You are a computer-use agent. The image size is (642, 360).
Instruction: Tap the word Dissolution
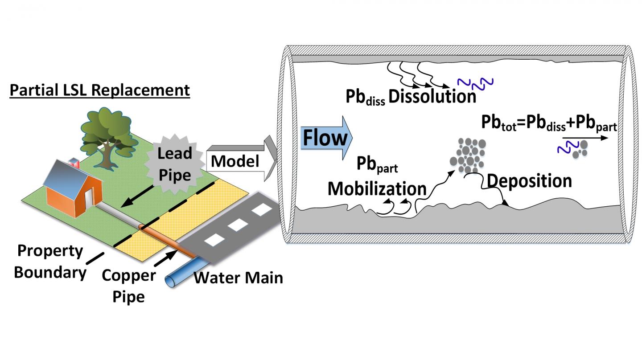(x=432, y=97)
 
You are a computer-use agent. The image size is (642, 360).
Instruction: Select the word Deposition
(x=529, y=181)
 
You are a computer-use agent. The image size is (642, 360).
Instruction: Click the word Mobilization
(x=377, y=188)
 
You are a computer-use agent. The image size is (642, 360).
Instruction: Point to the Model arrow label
(x=235, y=161)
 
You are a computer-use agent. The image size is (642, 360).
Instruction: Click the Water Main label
(x=239, y=278)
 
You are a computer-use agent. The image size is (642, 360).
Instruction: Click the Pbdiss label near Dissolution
(x=365, y=98)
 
